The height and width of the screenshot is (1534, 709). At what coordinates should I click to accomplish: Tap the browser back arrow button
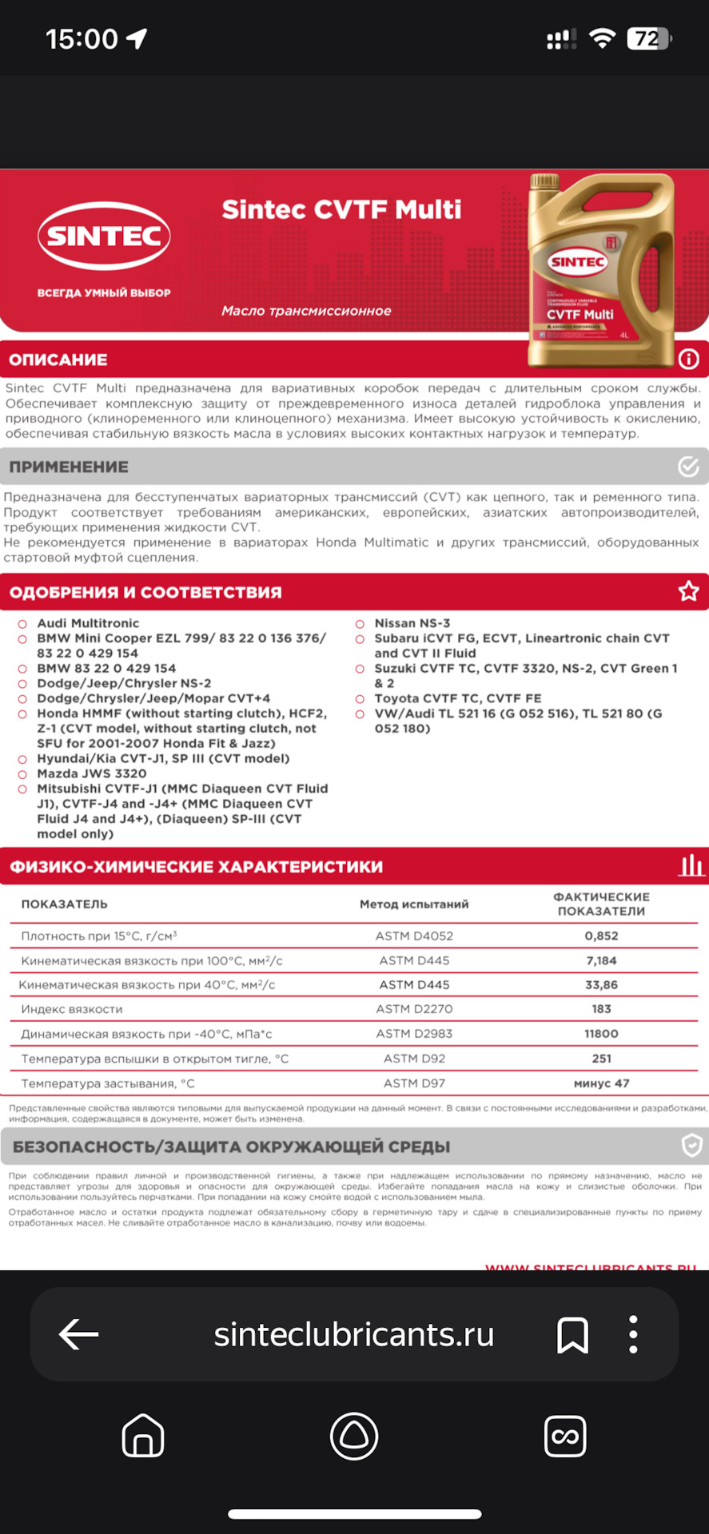(x=78, y=1333)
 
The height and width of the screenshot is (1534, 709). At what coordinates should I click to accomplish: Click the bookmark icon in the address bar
(x=572, y=1334)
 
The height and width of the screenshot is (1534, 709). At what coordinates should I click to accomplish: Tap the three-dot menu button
(x=633, y=1334)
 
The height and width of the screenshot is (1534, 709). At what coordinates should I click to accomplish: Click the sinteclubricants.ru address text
(x=353, y=1334)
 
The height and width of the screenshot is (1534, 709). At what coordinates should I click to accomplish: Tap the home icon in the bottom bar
(x=143, y=1436)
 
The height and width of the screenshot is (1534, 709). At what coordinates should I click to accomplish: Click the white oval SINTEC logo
(x=104, y=236)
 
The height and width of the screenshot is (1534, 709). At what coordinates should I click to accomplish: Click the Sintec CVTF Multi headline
(x=341, y=209)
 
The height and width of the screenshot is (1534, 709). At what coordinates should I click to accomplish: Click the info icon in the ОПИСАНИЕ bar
(x=688, y=359)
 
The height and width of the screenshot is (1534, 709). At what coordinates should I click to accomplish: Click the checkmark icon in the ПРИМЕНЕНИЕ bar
(x=688, y=466)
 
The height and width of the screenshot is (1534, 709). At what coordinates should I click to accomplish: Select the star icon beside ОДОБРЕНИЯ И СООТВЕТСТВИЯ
(x=688, y=591)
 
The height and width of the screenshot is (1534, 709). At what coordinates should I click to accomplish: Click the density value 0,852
(x=601, y=936)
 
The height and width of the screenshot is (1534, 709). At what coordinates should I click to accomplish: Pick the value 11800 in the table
(x=601, y=1034)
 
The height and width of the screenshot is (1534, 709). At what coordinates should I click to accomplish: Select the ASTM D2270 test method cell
(x=414, y=1009)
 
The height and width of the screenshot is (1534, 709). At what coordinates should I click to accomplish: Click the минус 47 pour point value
(x=601, y=1083)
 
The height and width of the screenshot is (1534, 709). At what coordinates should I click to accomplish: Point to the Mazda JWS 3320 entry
(x=92, y=773)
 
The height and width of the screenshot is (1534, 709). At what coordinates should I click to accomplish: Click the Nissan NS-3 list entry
(x=412, y=623)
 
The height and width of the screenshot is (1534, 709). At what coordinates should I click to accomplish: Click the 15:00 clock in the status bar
(x=82, y=38)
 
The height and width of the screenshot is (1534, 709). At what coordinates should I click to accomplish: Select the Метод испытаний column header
(x=414, y=904)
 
